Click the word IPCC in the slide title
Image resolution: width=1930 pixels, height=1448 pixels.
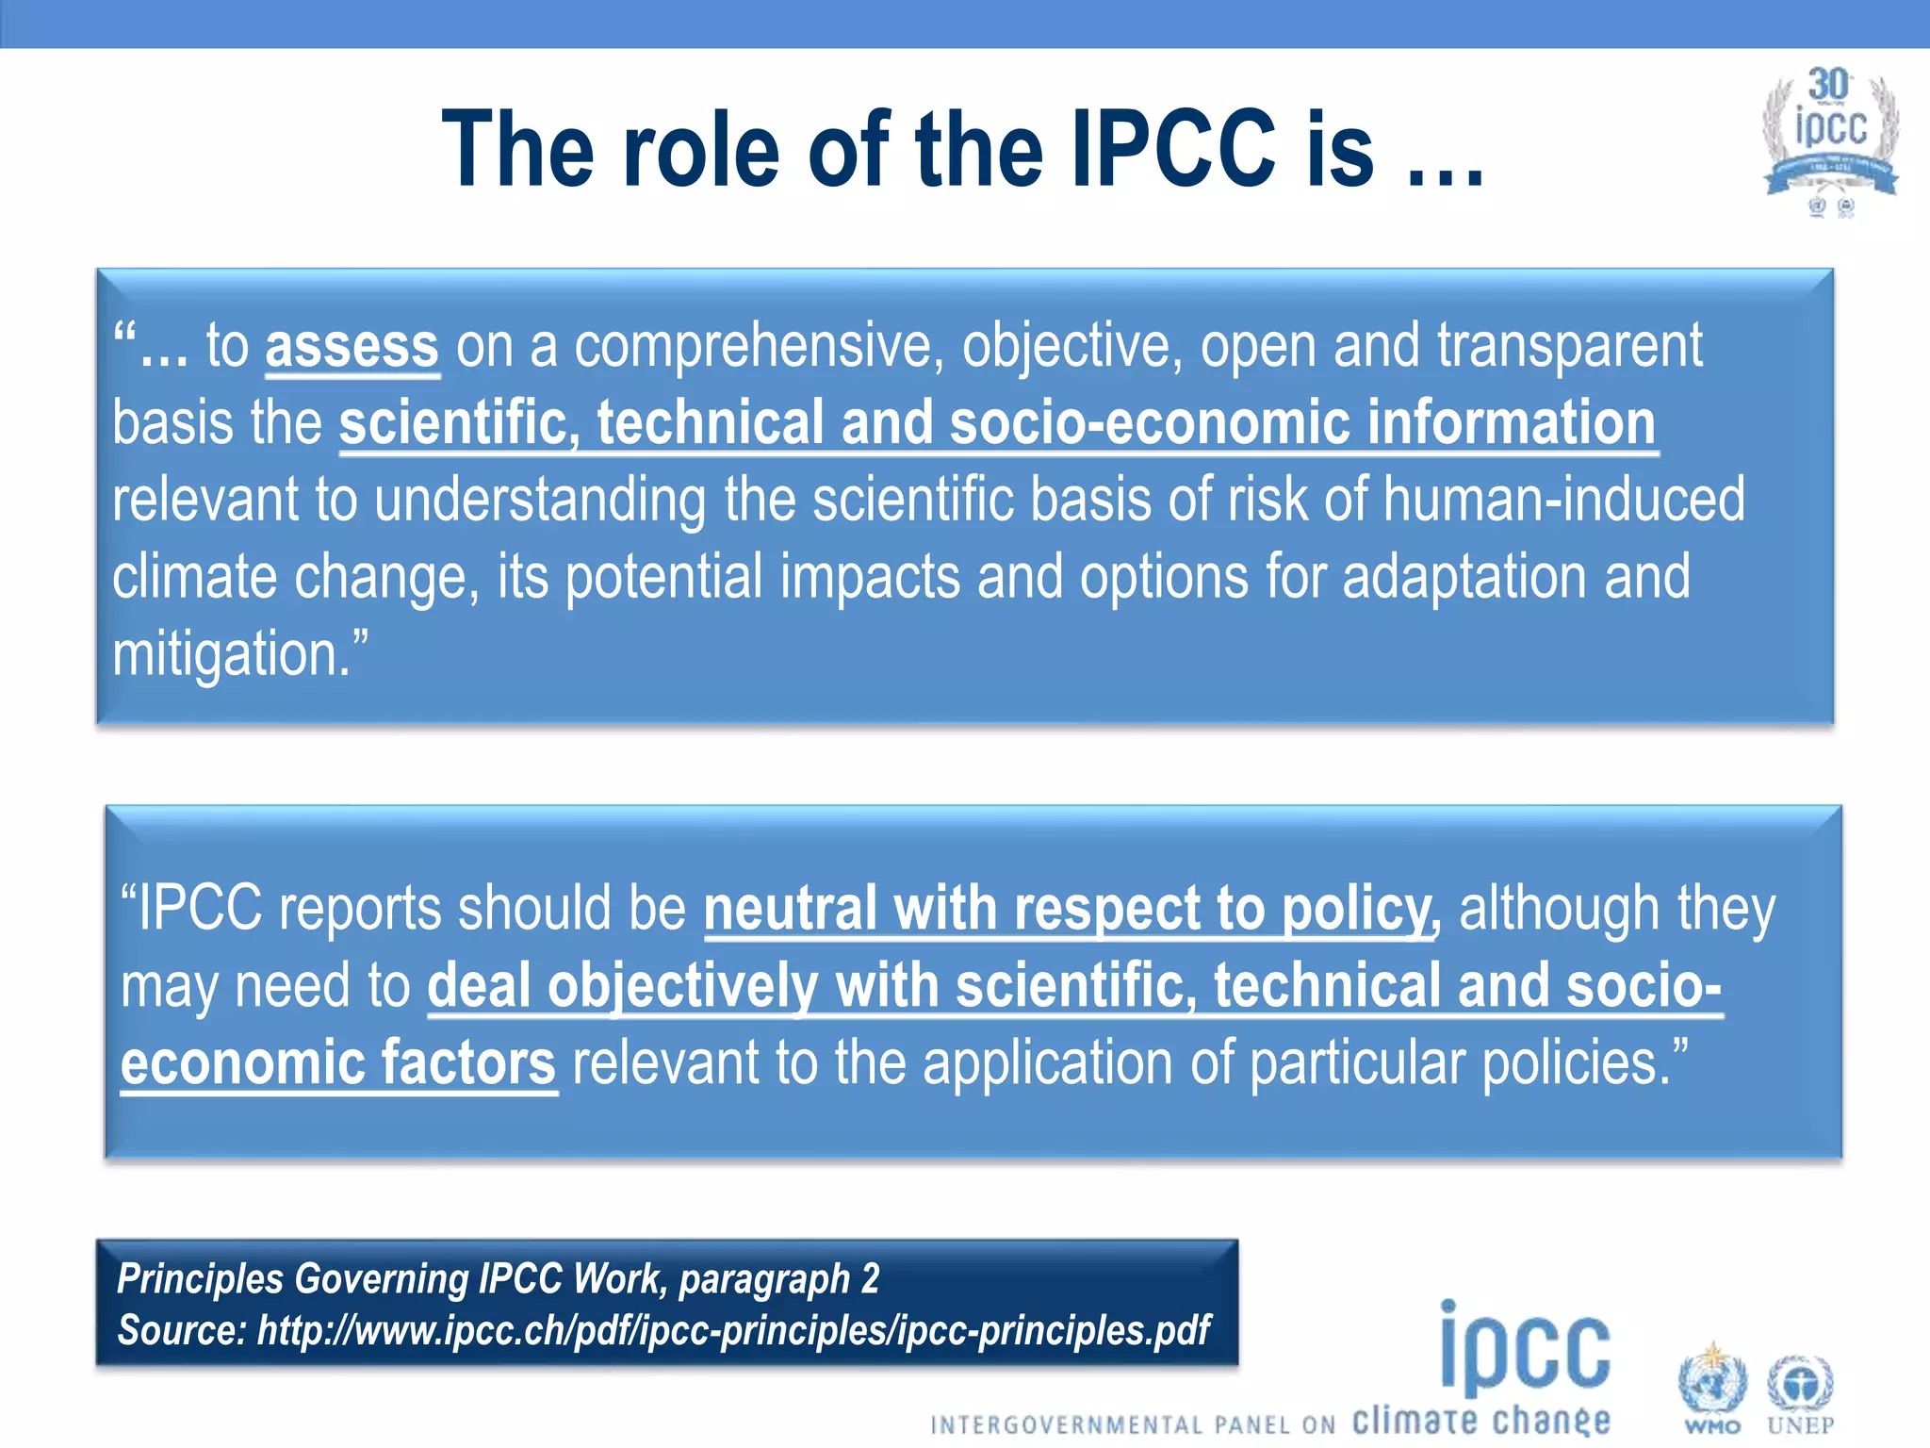[x=1174, y=149]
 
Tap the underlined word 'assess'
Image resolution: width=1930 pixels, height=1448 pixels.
[x=352, y=346]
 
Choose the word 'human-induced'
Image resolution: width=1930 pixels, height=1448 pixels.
[x=1563, y=499]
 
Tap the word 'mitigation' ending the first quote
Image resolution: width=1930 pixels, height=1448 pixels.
[x=231, y=653]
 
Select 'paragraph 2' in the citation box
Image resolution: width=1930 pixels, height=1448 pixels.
[x=778, y=1279]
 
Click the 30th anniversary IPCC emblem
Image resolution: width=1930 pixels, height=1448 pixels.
[x=1829, y=137]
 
